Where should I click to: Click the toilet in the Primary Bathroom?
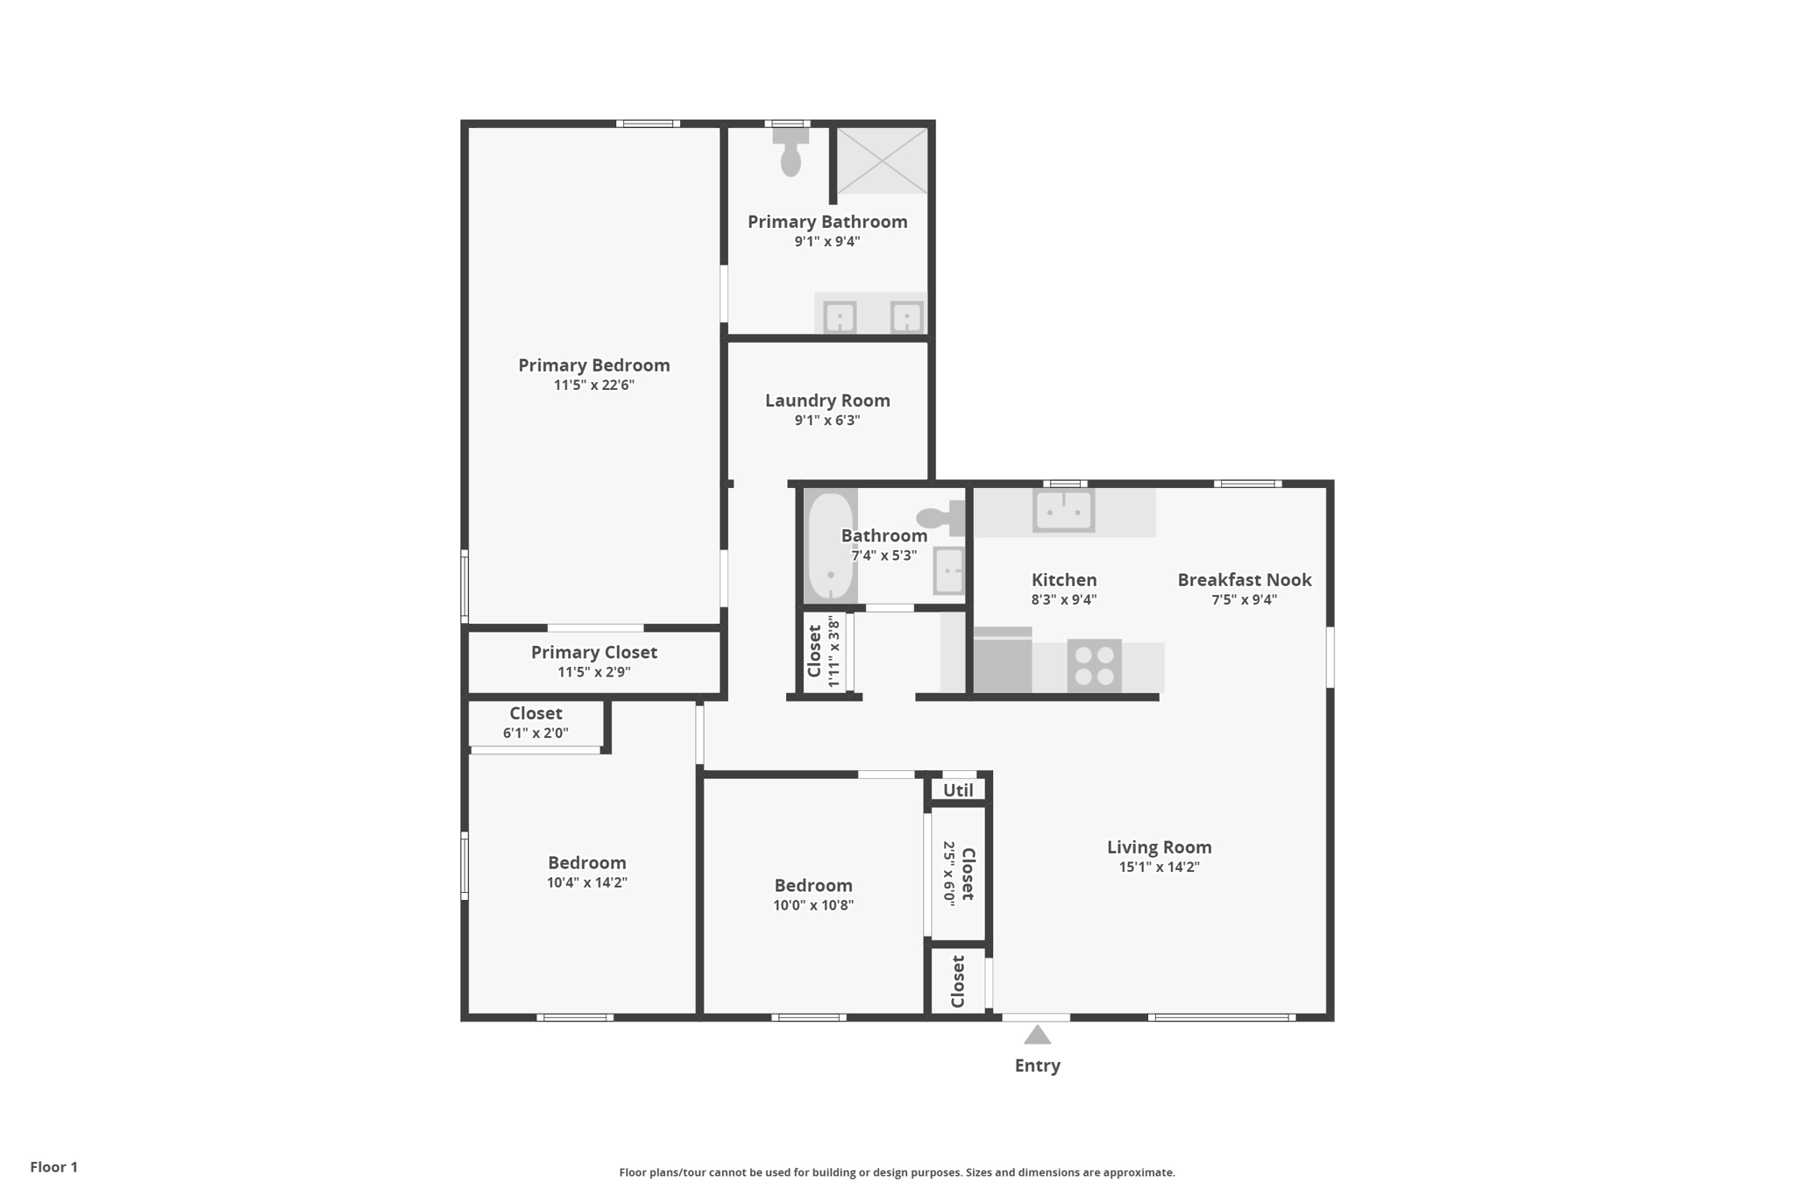coord(791,152)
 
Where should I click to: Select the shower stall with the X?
coord(882,160)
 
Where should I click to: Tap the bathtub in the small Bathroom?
coord(830,547)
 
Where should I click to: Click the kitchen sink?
coord(1063,510)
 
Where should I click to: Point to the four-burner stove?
coord(1095,666)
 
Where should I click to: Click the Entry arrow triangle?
coord(1038,1035)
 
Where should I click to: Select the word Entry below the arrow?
coord(1038,1065)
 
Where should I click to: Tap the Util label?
coord(958,790)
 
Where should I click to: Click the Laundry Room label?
coord(827,400)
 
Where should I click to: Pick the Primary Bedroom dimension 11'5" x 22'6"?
coord(594,385)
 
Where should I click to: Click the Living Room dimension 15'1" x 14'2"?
coord(1159,867)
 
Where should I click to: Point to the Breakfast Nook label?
coord(1245,580)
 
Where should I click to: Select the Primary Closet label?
coord(594,653)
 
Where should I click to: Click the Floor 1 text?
coord(54,1167)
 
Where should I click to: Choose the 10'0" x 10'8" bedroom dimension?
coord(813,905)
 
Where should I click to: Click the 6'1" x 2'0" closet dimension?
coord(536,732)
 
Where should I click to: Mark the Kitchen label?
coord(1064,580)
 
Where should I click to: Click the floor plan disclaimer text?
coord(897,1172)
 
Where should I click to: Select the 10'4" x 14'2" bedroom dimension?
coord(587,882)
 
